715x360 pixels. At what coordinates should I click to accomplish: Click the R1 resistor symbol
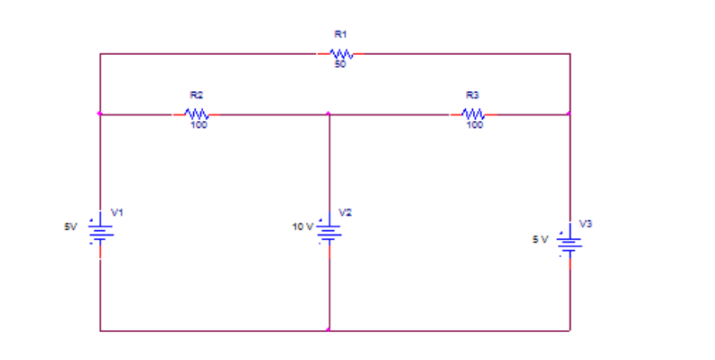tap(339, 54)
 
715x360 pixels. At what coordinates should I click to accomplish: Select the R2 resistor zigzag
tap(198, 115)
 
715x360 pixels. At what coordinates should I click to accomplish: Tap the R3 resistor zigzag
tap(474, 115)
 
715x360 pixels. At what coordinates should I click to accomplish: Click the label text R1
tap(339, 33)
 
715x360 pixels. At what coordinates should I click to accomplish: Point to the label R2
tap(197, 95)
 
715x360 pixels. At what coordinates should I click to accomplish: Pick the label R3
tap(473, 95)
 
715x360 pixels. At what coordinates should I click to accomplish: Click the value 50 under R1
tap(339, 64)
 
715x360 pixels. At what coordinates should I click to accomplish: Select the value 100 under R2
tap(199, 125)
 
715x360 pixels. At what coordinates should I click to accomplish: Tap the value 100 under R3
tap(475, 125)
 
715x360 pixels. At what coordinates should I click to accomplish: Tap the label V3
tap(586, 222)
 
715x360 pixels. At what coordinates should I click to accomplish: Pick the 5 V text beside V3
tap(540, 239)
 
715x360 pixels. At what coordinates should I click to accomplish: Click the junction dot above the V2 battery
tap(329, 115)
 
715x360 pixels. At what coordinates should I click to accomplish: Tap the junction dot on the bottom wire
tap(329, 330)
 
